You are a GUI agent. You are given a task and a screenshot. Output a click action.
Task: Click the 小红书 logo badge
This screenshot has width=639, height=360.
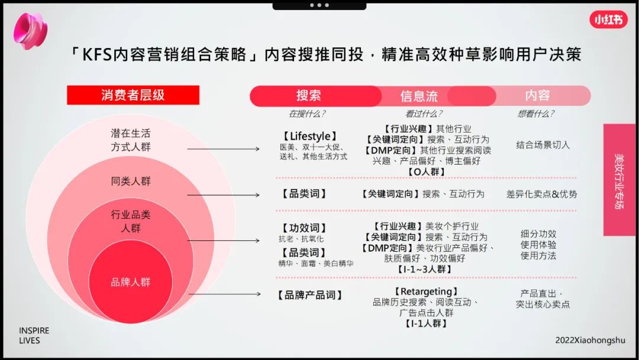click(x=608, y=20)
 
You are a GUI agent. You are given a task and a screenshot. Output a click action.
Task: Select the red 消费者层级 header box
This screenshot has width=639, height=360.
click(x=133, y=95)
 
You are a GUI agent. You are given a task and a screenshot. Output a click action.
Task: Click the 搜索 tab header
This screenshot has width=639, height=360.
click(x=309, y=95)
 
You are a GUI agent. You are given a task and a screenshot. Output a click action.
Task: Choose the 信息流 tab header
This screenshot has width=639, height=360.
click(x=419, y=96)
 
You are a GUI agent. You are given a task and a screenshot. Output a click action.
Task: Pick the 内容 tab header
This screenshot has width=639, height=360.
click(x=537, y=95)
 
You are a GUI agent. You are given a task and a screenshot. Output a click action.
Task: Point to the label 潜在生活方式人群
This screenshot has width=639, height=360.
click(x=131, y=140)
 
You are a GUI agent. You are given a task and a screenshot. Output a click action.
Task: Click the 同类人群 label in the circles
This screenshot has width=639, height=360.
click(x=131, y=181)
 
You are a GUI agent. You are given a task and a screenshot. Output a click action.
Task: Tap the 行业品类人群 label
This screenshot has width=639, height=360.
click(x=131, y=221)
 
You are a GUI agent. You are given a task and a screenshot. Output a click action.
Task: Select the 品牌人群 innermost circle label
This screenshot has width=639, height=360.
click(x=131, y=282)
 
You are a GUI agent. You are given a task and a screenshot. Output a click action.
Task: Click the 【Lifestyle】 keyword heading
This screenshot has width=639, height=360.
click(x=310, y=137)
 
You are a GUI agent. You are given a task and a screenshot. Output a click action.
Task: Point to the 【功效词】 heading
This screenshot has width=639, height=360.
click(x=304, y=228)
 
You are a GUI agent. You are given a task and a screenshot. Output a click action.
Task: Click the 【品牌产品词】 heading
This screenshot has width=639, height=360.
click(x=309, y=295)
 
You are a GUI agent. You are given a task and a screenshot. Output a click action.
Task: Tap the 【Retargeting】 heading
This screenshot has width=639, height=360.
click(x=425, y=291)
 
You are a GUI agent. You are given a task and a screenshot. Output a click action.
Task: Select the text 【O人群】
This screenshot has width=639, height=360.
click(x=426, y=172)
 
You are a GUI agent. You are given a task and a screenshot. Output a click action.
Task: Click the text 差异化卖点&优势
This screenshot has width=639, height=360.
click(x=541, y=194)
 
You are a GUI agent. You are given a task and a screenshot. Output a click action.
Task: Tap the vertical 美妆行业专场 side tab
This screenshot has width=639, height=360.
click(x=619, y=180)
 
